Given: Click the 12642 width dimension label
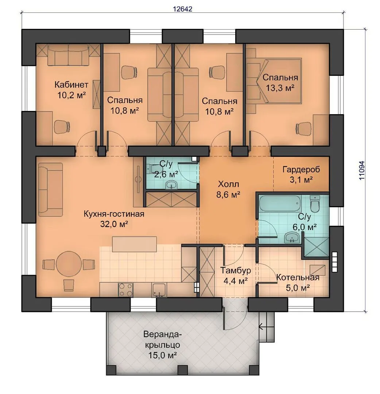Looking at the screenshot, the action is (183, 9).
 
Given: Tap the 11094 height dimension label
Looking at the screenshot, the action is (362, 170).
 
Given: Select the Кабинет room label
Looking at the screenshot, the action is (71, 84).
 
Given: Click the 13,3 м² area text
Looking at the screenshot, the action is (280, 88).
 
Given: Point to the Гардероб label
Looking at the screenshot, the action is (301, 170).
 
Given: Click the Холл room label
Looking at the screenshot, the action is (228, 184).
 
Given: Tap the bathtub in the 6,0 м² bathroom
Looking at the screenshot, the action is (280, 203).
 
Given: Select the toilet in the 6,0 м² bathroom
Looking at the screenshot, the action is (315, 204).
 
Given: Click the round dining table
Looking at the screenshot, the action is (69, 264).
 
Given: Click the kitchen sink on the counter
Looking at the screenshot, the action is (159, 290).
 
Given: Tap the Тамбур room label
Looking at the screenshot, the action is (236, 270).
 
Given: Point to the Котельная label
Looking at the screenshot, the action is (298, 277).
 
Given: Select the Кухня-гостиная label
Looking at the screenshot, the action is (114, 214).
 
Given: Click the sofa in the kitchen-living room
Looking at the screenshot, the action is (50, 189).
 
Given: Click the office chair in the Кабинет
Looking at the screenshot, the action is (62, 126).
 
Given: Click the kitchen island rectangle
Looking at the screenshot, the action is (134, 244).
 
